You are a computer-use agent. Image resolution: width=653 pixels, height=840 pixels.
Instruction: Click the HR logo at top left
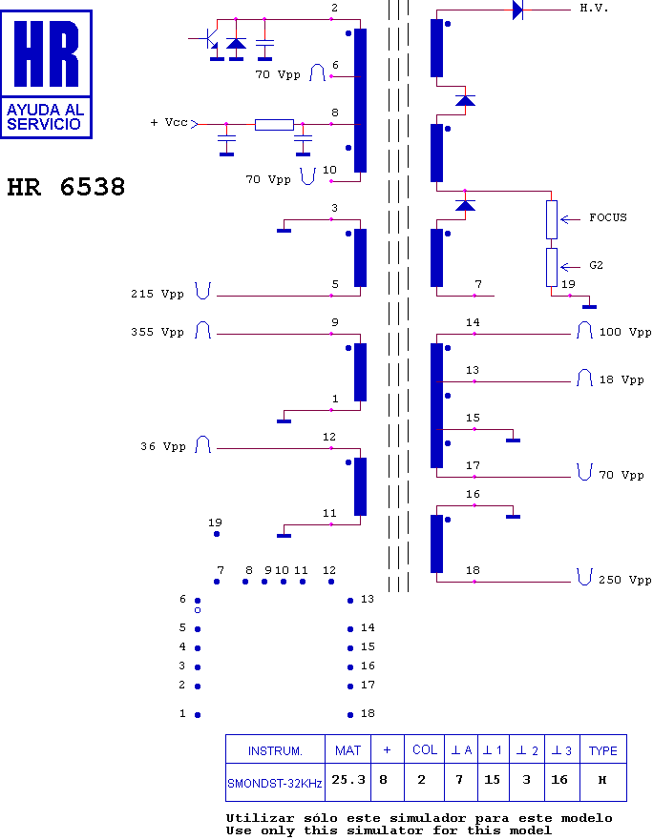click(x=47, y=73)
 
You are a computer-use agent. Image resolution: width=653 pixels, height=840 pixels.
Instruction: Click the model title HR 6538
click(x=66, y=188)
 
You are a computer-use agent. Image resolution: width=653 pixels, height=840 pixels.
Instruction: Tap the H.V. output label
click(x=594, y=8)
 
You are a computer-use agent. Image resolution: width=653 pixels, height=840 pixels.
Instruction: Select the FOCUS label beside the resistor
click(x=607, y=217)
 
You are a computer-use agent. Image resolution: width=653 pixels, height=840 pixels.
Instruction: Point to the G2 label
click(x=596, y=265)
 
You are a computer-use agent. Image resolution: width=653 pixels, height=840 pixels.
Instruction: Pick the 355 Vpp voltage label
click(x=158, y=333)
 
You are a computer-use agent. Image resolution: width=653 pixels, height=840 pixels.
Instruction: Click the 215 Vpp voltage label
click(x=158, y=295)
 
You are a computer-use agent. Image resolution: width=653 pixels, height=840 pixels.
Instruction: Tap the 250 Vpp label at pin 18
click(x=625, y=580)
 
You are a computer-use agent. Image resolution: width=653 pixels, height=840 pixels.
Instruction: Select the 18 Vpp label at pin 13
click(x=621, y=379)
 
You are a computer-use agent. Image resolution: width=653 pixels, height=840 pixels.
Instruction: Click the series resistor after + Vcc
click(x=274, y=124)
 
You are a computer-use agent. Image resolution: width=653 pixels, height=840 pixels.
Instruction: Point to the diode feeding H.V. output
click(x=517, y=10)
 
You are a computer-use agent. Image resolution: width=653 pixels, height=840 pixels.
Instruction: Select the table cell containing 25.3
click(x=348, y=780)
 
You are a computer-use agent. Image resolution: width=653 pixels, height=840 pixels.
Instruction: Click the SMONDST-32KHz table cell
click(x=275, y=784)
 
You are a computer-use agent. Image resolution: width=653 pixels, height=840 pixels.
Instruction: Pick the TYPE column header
click(x=602, y=750)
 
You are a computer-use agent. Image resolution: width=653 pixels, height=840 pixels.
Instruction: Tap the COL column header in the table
click(x=425, y=750)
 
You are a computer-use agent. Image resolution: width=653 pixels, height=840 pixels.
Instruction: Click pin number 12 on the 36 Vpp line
click(x=329, y=437)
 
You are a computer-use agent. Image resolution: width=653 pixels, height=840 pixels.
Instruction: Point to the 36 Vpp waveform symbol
click(x=203, y=445)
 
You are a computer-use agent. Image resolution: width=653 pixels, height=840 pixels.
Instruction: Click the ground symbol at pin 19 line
click(x=589, y=305)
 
